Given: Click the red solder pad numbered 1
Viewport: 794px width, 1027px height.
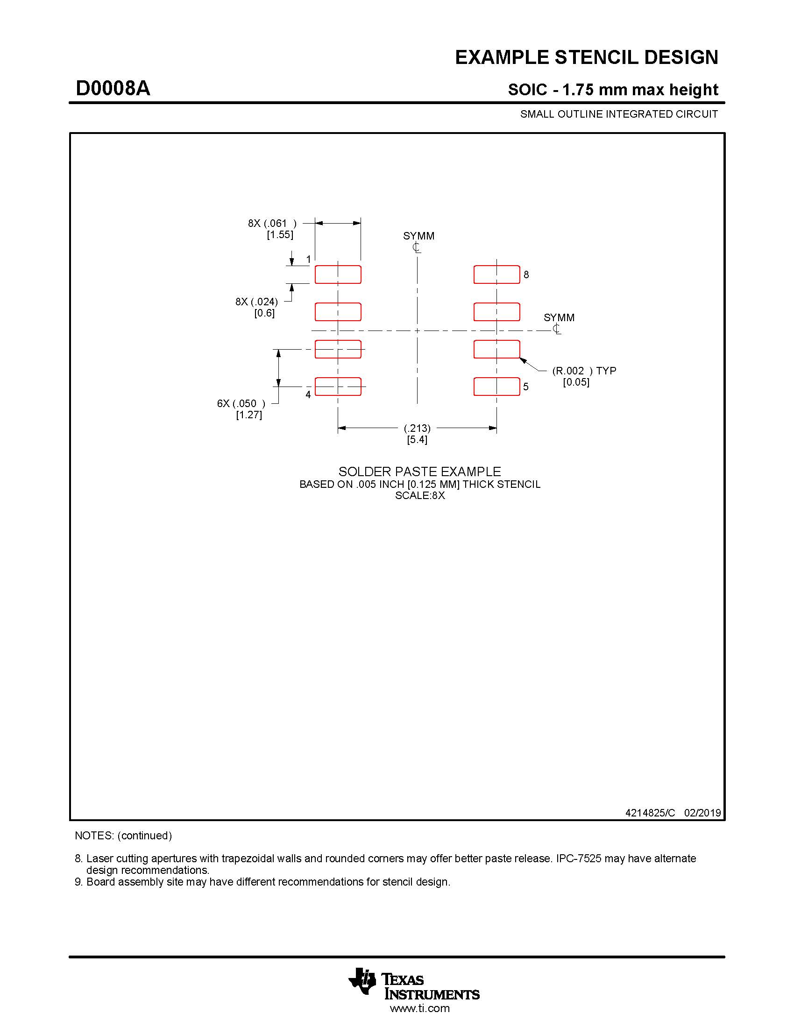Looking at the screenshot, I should (x=338, y=274).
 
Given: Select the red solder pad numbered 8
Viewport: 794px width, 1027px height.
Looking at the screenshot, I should (x=496, y=274).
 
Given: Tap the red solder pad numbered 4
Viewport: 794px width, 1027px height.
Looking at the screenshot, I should (x=338, y=387).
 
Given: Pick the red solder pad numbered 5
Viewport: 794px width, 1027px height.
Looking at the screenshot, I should (x=496, y=387).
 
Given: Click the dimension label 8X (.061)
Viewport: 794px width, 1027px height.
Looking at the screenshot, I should (x=272, y=223).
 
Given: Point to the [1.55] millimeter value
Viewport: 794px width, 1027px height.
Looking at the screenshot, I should (x=280, y=235).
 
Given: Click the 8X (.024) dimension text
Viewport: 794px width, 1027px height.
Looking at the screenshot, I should (x=257, y=302).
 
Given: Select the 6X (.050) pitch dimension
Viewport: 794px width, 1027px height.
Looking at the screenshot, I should (x=241, y=403).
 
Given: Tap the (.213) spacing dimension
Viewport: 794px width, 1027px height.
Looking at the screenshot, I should (x=417, y=429).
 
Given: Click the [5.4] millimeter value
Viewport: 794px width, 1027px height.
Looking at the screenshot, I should (x=417, y=440).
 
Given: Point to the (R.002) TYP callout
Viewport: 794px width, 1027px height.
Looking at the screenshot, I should (x=584, y=371).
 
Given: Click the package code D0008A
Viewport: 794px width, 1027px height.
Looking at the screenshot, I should (x=113, y=88).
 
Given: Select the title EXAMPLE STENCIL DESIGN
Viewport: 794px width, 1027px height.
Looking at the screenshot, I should (x=586, y=57).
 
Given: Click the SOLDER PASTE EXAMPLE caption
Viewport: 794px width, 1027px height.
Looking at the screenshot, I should (x=419, y=471).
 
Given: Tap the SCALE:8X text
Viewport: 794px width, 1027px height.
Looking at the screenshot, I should (x=419, y=496).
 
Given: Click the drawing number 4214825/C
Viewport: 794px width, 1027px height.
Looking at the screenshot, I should (x=650, y=813).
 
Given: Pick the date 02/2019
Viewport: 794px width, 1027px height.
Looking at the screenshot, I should (x=702, y=813).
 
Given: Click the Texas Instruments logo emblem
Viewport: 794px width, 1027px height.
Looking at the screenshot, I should (x=362, y=982).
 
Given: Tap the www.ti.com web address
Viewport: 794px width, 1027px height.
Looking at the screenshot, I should (x=419, y=1008).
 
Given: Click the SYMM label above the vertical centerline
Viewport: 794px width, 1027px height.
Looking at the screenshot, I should (x=418, y=236).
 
